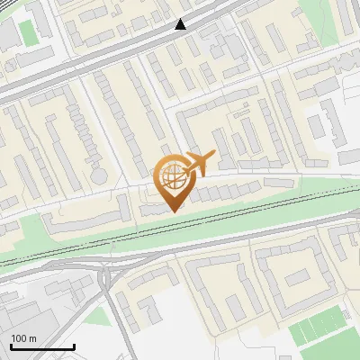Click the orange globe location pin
[174, 180]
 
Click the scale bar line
[41, 346]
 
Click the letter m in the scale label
[32, 338]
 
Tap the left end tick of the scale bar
[11, 345]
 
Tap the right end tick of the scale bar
[73, 345]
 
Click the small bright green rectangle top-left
[29, 33]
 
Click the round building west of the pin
[100, 172]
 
